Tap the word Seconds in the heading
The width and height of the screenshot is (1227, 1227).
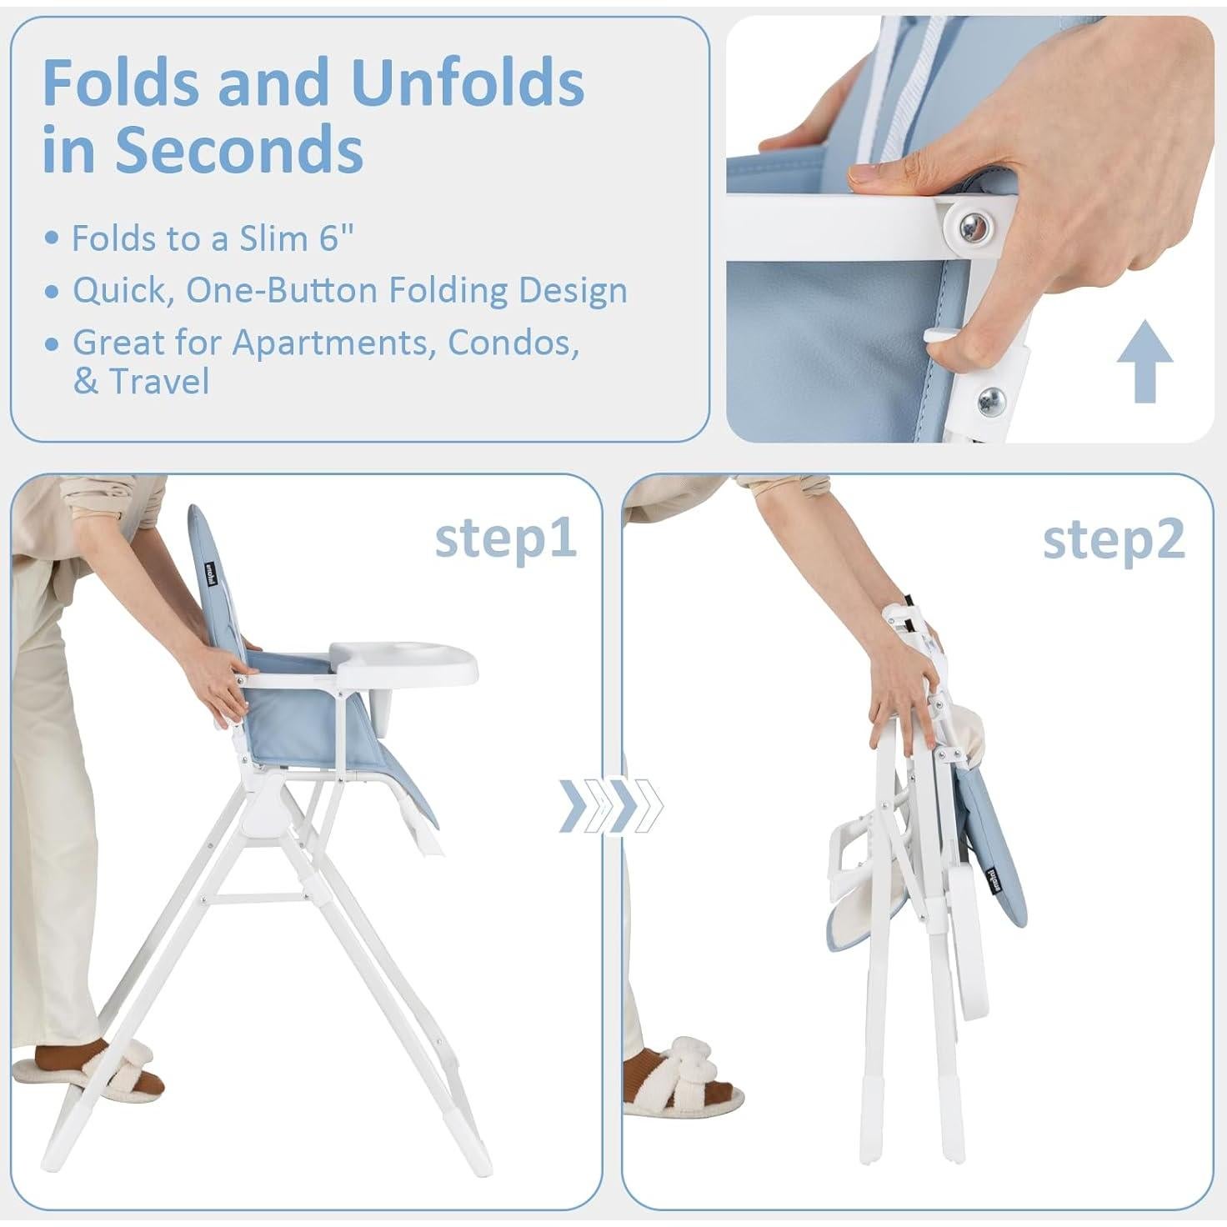click(238, 149)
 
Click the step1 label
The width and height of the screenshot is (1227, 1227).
click(505, 538)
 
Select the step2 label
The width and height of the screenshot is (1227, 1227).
click(1113, 540)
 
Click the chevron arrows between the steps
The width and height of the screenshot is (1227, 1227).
click(611, 806)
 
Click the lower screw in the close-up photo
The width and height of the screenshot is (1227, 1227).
click(992, 397)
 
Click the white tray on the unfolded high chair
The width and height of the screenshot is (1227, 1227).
click(405, 660)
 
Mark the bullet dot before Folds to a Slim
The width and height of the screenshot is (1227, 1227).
click(53, 239)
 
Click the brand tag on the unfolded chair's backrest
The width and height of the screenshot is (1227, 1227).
click(211, 575)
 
